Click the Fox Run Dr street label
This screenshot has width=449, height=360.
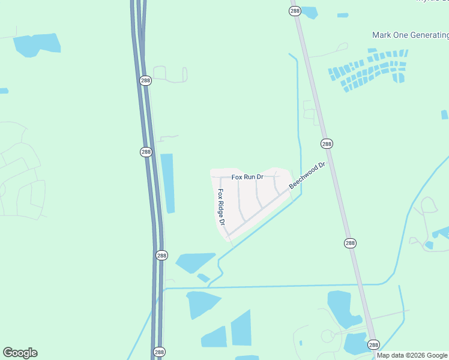[247, 177]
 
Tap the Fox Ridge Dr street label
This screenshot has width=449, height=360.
[221, 207]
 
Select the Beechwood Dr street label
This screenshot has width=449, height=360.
[307, 175]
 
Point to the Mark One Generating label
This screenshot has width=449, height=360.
[410, 35]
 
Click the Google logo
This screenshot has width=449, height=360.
[20, 353]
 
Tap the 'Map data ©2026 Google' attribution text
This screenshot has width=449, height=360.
[412, 355]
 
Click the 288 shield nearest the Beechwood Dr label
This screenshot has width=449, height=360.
[327, 144]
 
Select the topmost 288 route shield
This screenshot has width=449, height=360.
[294, 11]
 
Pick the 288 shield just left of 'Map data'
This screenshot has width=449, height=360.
[373, 345]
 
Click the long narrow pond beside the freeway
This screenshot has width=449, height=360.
[167, 183]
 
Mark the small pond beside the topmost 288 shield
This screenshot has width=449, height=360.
[309, 11]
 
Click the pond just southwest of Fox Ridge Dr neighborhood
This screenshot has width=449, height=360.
[193, 262]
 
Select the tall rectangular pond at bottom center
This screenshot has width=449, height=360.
[241, 328]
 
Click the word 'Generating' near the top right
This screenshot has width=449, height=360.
[429, 35]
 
